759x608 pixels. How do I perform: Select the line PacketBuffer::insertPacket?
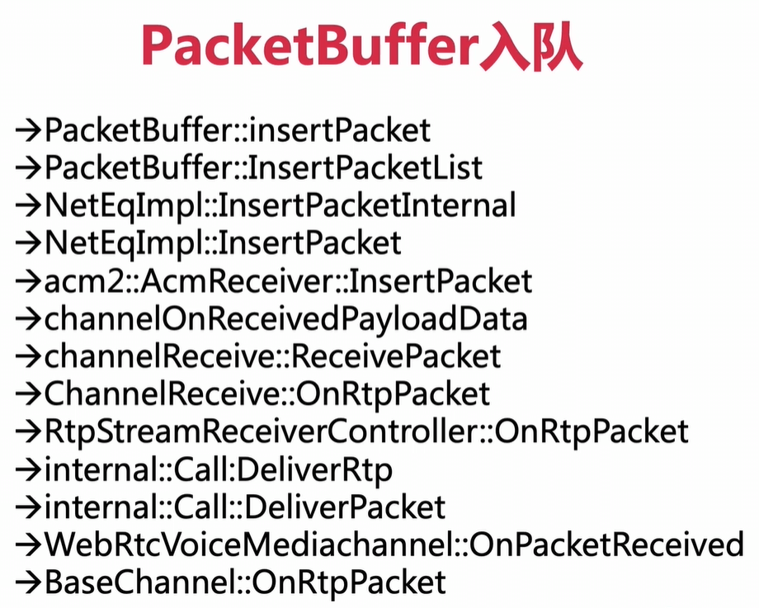coord(238,130)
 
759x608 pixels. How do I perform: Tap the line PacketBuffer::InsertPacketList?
coord(263,168)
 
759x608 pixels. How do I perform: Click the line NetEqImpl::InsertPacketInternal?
coord(280,206)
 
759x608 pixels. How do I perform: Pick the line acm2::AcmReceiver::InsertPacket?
coord(288,281)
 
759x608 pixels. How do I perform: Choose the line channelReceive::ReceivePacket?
coord(272,356)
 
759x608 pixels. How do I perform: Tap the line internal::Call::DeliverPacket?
coord(245,507)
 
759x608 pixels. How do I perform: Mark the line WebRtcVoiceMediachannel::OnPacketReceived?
coord(394,544)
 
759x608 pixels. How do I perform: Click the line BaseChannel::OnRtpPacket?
coord(245,582)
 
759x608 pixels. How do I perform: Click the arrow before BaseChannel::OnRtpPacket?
coord(28,582)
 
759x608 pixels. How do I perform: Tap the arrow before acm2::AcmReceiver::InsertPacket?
coord(28,281)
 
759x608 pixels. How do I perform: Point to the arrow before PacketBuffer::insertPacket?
coord(28,130)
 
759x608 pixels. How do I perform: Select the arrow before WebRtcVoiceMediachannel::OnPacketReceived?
coord(28,544)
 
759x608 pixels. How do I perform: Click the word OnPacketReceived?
coord(606,544)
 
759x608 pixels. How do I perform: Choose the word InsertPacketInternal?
coord(367,206)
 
